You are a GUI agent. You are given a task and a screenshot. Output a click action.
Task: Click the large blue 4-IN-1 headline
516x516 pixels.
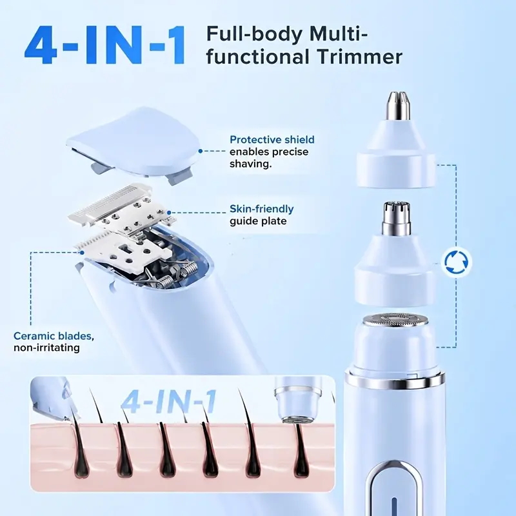click(x=104, y=45)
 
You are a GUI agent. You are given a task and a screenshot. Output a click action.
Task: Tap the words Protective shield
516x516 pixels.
click(x=272, y=139)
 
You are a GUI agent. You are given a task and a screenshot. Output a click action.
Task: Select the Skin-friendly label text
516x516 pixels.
click(x=262, y=208)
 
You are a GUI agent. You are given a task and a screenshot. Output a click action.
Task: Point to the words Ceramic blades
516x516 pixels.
click(x=52, y=335)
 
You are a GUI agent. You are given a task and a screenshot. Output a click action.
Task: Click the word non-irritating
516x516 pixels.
click(x=46, y=348)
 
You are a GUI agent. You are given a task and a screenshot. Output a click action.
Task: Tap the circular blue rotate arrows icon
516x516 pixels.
click(x=456, y=263)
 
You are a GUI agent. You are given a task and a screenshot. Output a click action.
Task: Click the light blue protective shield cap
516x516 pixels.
click(x=134, y=143)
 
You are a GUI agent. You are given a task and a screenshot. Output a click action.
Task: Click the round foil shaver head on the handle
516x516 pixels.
click(x=395, y=321)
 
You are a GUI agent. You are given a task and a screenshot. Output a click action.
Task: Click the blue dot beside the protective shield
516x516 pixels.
click(x=200, y=151)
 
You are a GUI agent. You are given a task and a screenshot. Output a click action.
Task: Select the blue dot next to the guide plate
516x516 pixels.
click(x=169, y=213)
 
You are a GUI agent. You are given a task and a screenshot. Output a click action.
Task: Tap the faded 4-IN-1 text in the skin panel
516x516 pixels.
click(x=168, y=402)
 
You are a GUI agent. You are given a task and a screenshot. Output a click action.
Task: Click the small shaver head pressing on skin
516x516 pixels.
click(x=298, y=400)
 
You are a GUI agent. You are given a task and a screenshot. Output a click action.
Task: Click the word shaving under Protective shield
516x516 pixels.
click(x=250, y=164)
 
